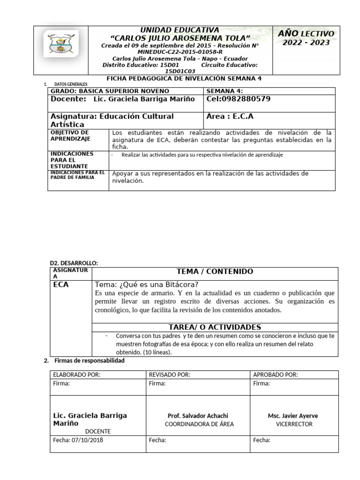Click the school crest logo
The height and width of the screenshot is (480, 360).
[x=61, y=45]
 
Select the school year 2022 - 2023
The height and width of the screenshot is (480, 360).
[x=306, y=43]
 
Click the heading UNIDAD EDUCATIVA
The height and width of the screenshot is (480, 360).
[x=180, y=30]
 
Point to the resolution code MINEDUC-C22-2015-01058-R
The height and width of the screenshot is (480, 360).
[x=180, y=52]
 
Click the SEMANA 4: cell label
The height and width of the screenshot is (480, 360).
[x=225, y=90]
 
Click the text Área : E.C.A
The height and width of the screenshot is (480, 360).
[x=230, y=116]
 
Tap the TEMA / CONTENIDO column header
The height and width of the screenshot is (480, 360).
[x=214, y=271]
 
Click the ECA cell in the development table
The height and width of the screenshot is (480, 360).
[x=61, y=285]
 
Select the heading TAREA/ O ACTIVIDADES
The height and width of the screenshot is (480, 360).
[x=214, y=327]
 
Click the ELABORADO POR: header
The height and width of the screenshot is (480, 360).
[x=77, y=374]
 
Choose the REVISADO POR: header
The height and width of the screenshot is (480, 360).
[x=169, y=374]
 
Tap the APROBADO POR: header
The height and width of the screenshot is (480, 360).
[x=275, y=374]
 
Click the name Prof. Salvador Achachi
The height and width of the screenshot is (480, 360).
[x=198, y=416]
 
